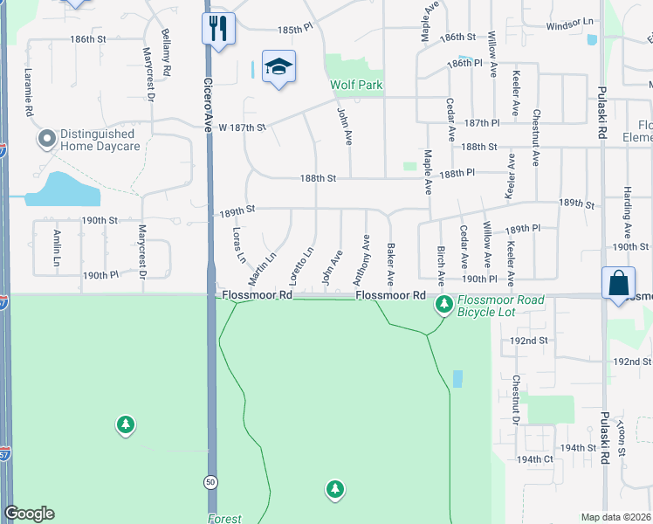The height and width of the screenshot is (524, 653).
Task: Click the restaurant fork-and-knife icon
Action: (217, 28)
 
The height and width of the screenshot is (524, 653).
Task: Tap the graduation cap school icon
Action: (278, 66)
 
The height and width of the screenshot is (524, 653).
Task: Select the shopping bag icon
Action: (618, 283)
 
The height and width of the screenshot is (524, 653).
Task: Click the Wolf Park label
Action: (356, 86)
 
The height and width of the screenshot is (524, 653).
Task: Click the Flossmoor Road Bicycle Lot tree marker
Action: (444, 305)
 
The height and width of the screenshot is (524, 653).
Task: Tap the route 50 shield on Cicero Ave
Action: (210, 481)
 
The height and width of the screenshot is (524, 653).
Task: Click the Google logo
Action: (29, 514)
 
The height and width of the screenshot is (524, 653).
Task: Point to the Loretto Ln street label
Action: (306, 265)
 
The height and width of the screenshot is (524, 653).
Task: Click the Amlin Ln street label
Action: (56, 249)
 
